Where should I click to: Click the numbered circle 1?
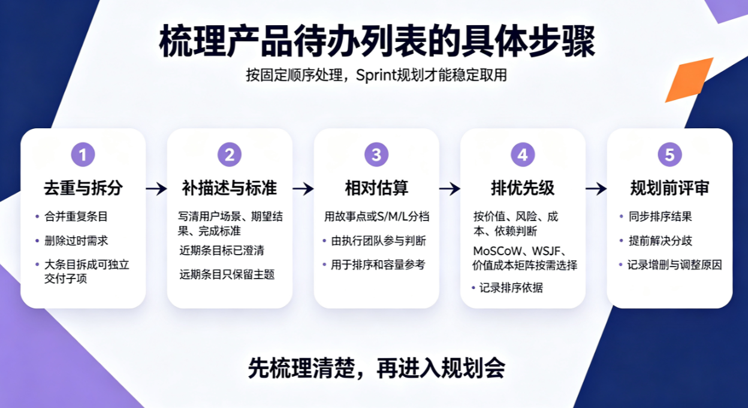tap(83, 155)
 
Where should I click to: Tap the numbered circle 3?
tap(376, 155)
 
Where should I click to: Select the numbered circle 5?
tap(670, 155)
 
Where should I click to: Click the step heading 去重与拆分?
tap(83, 188)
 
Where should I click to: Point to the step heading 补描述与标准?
tap(230, 188)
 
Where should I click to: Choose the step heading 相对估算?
tap(376, 188)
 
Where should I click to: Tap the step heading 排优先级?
tap(523, 188)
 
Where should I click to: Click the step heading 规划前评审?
tap(670, 188)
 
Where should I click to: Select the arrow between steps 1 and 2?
tap(156, 189)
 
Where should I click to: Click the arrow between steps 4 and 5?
tap(596, 189)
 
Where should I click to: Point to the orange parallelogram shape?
tap(689, 80)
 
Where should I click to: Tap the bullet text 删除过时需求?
tap(76, 241)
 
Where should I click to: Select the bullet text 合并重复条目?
tap(76, 217)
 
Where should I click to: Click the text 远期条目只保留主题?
tap(227, 274)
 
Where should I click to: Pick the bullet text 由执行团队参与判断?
tap(378, 241)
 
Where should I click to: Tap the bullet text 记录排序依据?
tap(511, 288)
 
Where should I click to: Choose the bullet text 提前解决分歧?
tap(660, 241)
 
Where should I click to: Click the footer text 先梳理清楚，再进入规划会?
tap(376, 368)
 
